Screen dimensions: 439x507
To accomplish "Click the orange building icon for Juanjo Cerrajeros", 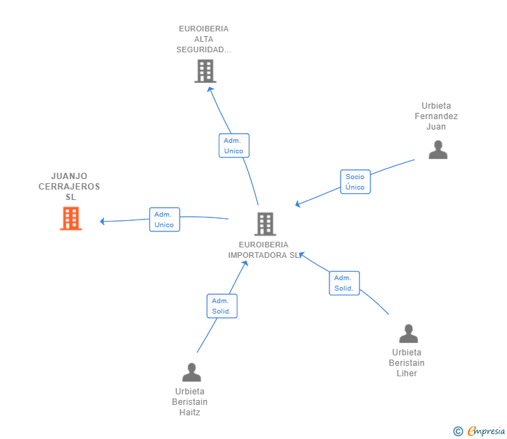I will click(70, 218).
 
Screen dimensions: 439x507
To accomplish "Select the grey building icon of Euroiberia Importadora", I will click(265, 224).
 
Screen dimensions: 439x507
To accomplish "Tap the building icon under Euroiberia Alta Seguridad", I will click(205, 71).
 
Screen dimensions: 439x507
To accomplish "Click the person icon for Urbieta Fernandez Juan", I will click(437, 150).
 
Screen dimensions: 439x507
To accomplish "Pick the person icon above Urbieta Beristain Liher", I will click(408, 334).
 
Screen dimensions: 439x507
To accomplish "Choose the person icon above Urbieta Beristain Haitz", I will click(191, 372).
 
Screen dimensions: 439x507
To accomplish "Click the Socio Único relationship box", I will click(355, 182).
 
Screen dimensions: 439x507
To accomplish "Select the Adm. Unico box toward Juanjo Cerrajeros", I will click(164, 219).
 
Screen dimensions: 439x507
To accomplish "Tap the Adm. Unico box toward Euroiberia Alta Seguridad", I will click(234, 146).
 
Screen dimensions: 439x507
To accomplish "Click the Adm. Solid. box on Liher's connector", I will click(344, 283).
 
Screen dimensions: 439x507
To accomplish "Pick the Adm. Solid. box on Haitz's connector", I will click(222, 306).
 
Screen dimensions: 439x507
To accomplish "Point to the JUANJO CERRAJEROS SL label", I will click(70, 187).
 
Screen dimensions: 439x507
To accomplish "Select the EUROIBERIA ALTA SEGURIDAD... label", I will click(203, 39).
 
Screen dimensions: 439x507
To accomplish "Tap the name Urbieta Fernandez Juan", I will click(436, 116).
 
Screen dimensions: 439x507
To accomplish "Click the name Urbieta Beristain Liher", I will click(407, 363).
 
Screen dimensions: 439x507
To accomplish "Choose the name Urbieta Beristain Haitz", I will click(189, 402).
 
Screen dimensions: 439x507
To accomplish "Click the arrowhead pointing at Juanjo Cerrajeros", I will click(102, 222).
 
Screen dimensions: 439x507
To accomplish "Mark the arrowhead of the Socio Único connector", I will click(297, 204).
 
